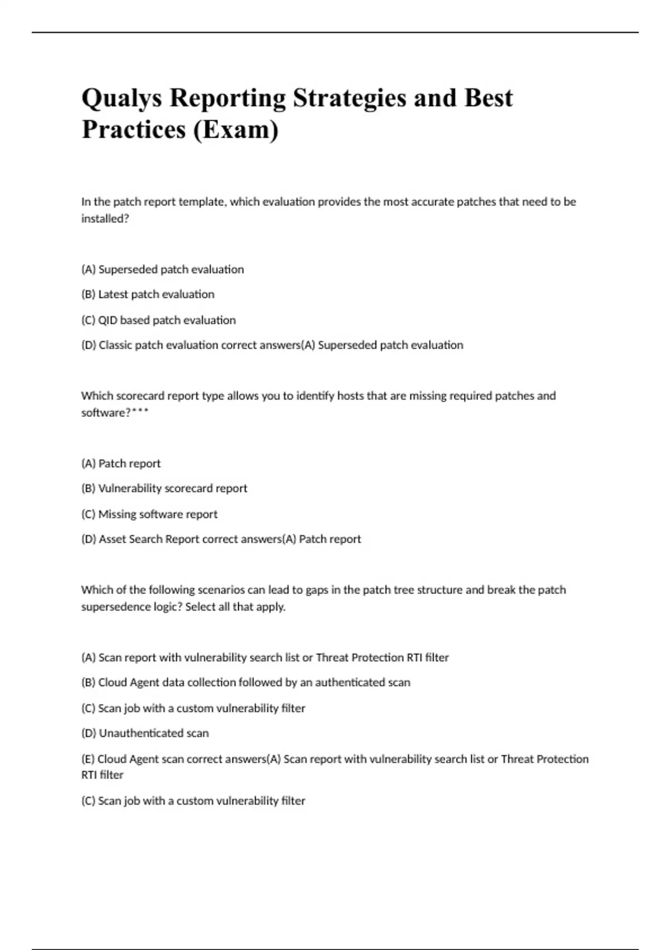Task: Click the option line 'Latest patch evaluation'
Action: (x=148, y=294)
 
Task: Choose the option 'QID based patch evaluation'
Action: (x=158, y=320)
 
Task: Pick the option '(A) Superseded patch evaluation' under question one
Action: (x=162, y=269)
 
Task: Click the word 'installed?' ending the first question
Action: (x=105, y=218)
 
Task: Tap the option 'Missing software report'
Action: (x=149, y=514)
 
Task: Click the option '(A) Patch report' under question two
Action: (x=121, y=463)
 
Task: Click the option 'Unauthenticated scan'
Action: (x=145, y=733)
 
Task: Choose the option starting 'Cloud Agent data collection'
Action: (x=245, y=682)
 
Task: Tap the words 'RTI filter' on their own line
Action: (x=102, y=775)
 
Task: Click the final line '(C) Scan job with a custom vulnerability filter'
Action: (x=193, y=801)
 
